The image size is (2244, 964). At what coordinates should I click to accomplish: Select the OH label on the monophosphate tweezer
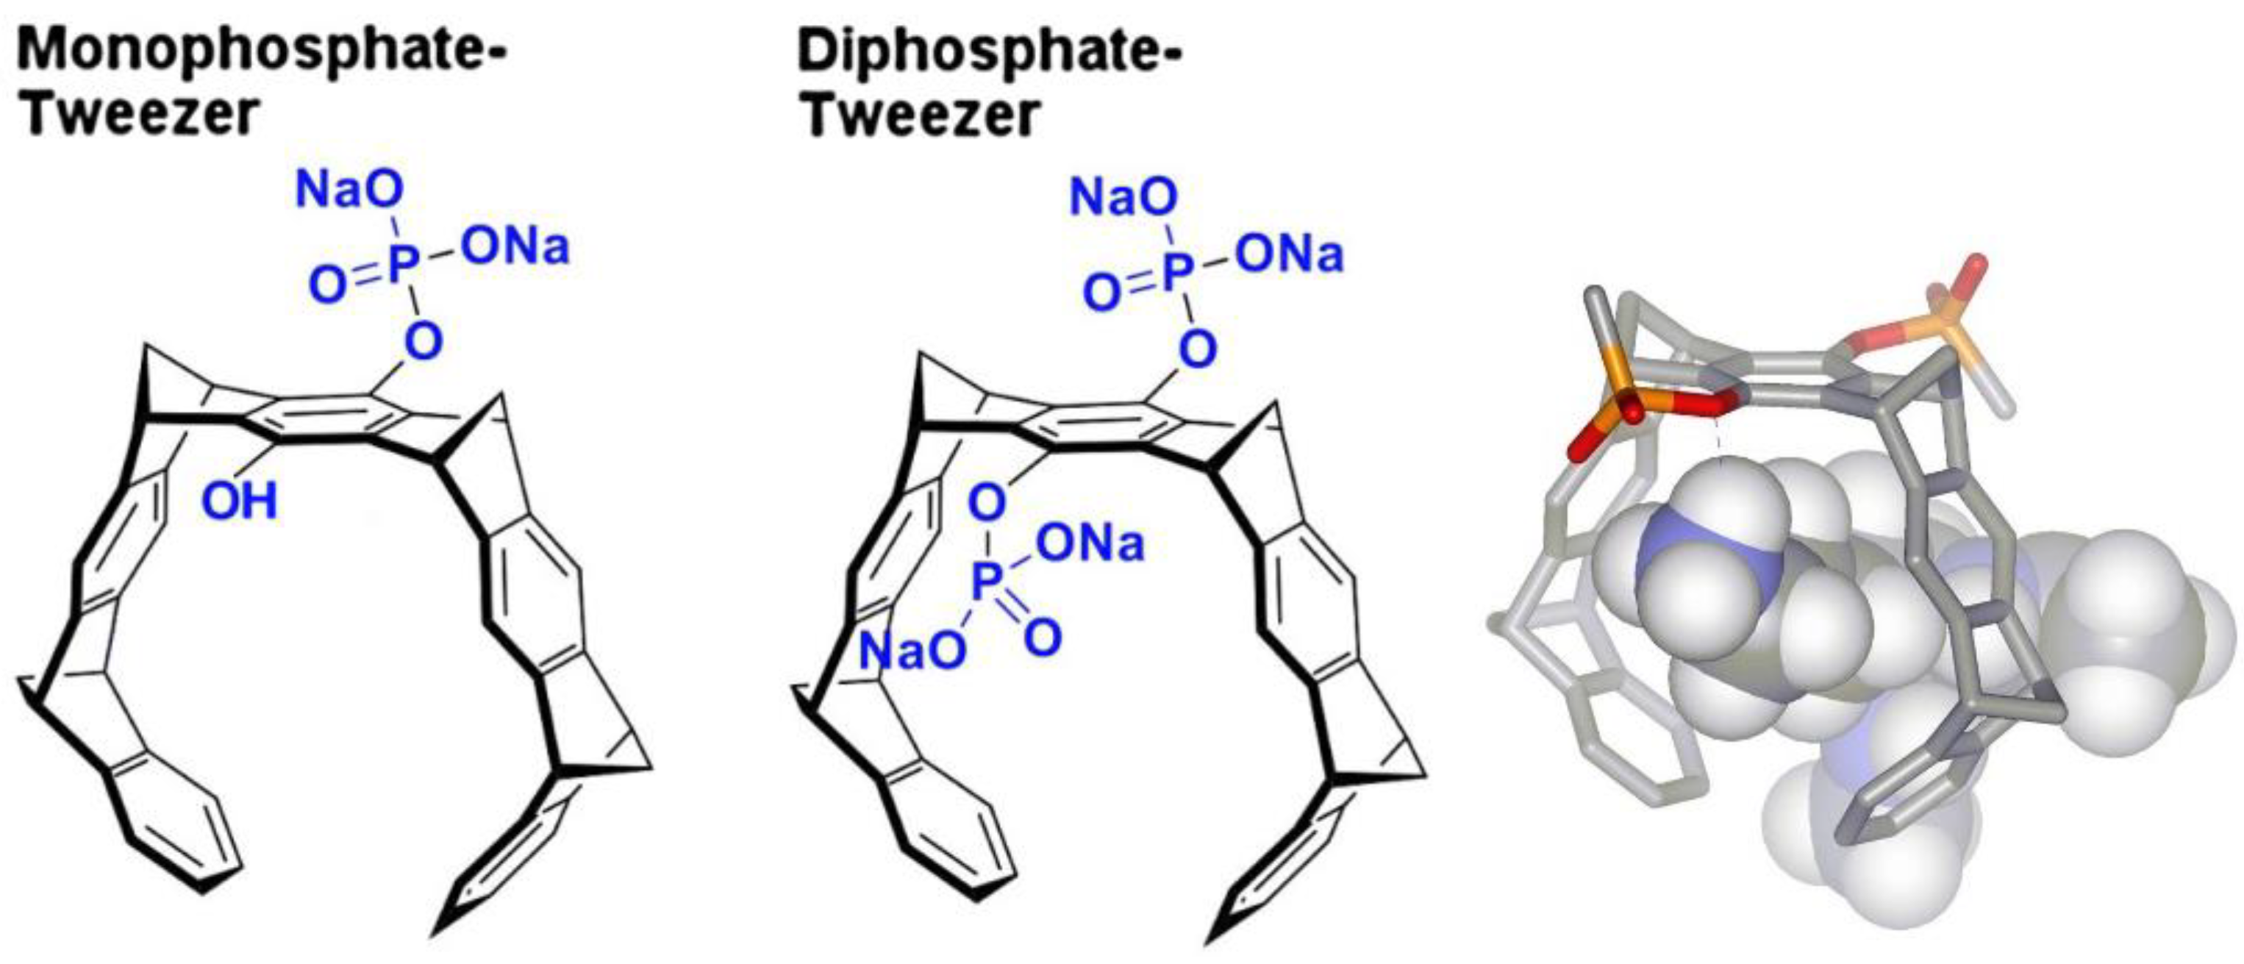pos(240,501)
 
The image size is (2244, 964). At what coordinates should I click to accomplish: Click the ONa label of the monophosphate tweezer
pos(515,246)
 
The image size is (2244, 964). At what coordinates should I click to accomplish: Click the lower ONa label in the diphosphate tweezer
pos(1090,543)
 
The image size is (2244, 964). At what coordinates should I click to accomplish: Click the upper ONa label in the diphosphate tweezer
pos(1290,254)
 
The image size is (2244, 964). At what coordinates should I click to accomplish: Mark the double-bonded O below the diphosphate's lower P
pos(1043,636)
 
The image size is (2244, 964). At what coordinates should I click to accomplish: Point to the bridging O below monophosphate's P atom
pos(424,341)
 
